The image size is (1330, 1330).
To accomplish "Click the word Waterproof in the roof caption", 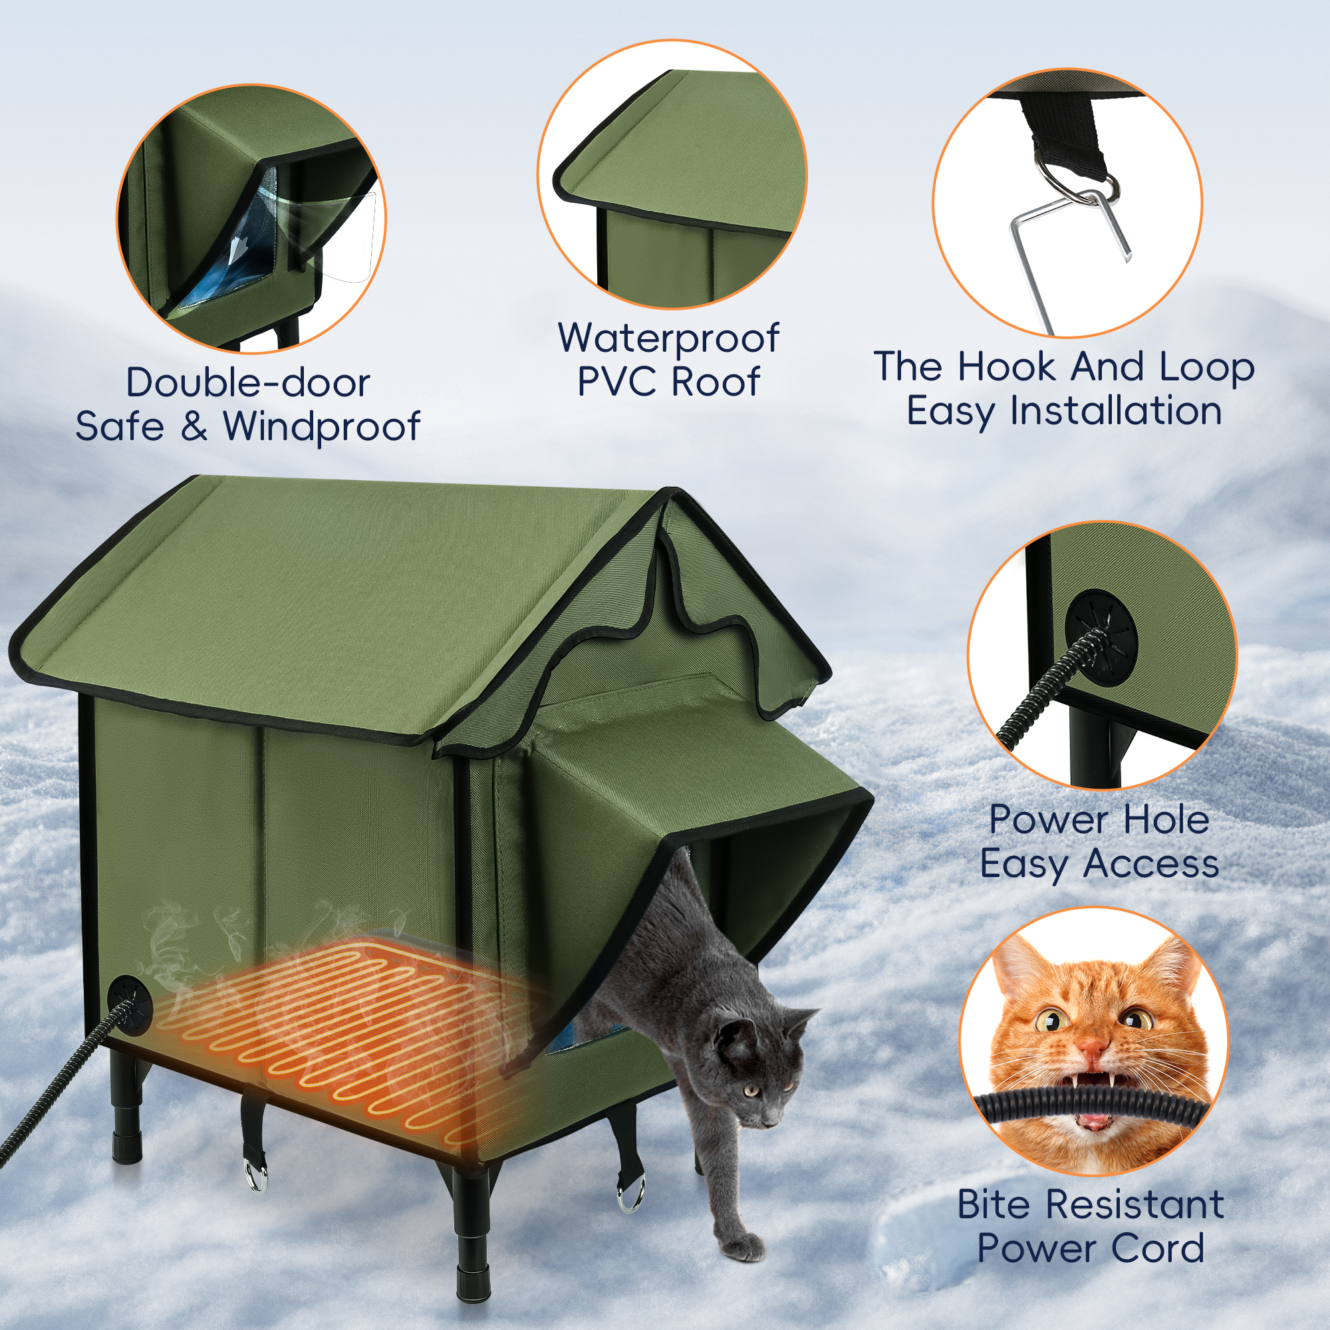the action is click(x=668, y=339).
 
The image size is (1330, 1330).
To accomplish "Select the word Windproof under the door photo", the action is click(x=321, y=428).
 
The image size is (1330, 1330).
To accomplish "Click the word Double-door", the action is click(x=248, y=383).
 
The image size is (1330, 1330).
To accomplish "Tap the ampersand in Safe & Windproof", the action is click(x=195, y=427).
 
